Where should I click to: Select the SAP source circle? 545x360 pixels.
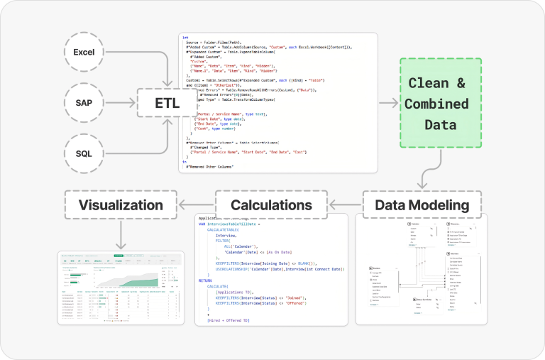pos(84,103)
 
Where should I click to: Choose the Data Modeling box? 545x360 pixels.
pos(422,205)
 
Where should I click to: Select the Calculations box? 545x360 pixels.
pos(271,205)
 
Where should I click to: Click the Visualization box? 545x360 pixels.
pos(120,205)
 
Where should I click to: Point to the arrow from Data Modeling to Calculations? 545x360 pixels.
pos(354,205)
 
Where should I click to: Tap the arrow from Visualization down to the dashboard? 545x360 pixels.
pos(120,234)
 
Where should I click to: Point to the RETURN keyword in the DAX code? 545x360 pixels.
pos(207,280)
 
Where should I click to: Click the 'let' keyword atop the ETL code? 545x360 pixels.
pos(185,37)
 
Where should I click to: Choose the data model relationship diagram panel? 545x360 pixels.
pos(422,270)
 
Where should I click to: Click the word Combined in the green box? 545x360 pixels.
pos(436,104)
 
